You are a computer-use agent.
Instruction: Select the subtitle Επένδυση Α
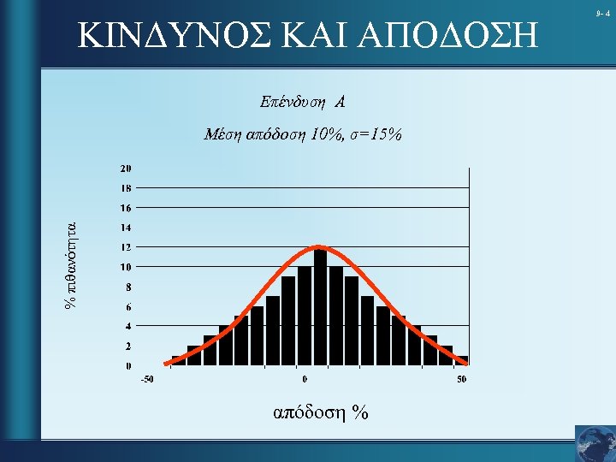tap(302, 103)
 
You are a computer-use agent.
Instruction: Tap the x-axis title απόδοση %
tap(320, 413)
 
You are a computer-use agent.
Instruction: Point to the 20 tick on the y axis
tap(126, 168)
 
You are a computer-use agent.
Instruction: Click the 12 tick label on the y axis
tap(126, 247)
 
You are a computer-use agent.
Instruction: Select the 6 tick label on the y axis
tap(128, 306)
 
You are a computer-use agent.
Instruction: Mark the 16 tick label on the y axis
tap(126, 208)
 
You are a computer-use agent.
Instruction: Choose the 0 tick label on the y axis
tap(128, 366)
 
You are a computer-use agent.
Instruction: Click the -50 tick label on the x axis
tap(147, 380)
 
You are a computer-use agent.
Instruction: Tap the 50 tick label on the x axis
tap(461, 380)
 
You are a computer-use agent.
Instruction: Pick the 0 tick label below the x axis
tap(305, 380)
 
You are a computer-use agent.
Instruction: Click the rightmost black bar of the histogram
tap(462, 360)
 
